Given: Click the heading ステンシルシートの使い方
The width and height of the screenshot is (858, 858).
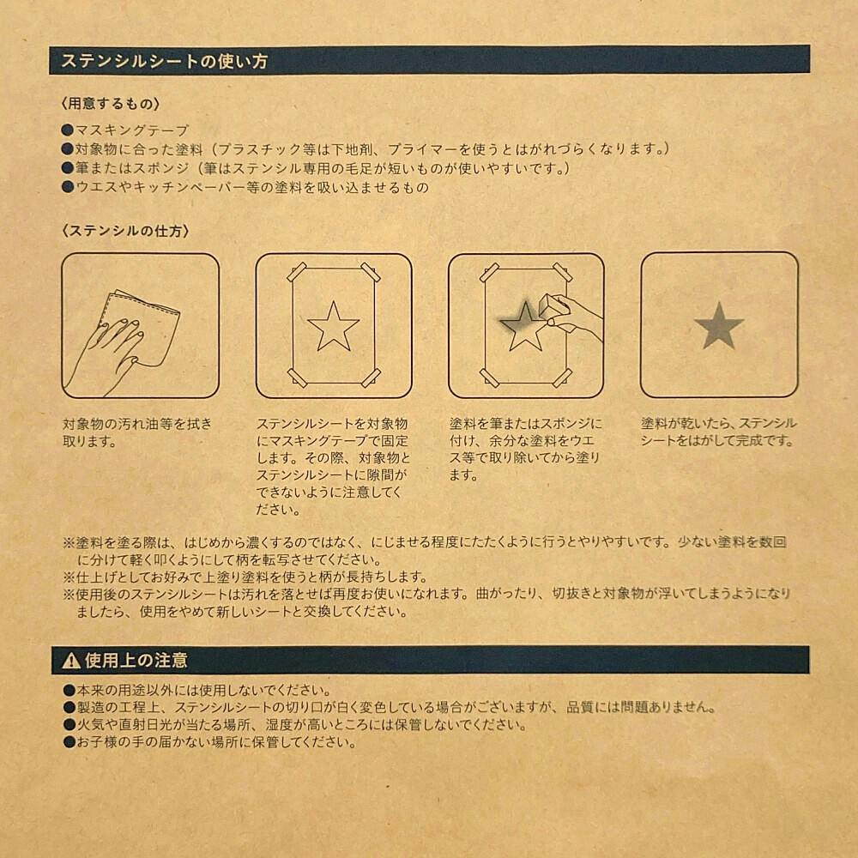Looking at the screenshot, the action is pos(164,61).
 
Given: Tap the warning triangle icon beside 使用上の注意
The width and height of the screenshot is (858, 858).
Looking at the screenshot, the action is pos(71,661).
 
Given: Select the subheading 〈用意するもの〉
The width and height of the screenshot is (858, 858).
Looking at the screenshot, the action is pos(111,104).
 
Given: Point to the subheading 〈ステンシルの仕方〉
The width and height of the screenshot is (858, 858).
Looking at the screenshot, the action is pos(126,231).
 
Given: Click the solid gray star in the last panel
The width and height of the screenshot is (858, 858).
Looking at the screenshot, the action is pos(718,326).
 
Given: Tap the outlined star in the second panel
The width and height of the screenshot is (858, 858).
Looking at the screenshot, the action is pos(333,327).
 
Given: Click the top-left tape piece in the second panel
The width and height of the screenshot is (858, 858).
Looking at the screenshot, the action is pos(296,271).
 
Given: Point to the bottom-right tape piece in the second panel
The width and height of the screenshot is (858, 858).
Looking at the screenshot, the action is pos(371,378).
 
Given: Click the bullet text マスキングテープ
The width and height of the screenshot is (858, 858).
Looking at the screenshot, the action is pos(132,130).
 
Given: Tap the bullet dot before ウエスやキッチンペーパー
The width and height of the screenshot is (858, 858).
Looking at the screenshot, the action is pos(68,187).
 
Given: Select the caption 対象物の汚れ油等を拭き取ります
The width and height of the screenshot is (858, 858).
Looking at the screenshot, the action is pos(137,432).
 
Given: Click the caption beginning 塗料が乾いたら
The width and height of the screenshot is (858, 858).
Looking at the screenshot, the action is pos(718,432).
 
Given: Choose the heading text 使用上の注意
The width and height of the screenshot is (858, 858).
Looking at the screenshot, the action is pos(136,661).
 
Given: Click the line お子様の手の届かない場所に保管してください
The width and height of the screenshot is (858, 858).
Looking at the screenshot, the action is pos(216,742).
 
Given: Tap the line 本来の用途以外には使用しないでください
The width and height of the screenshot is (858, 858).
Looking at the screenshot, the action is pos(203,690).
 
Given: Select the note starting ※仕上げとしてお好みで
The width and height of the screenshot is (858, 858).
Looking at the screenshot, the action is pos(245,577).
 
